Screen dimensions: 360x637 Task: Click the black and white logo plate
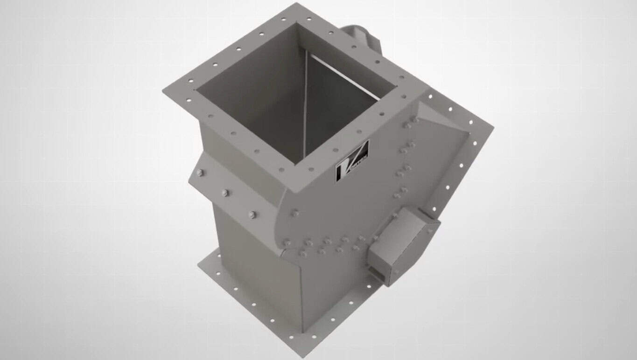[x=352, y=161]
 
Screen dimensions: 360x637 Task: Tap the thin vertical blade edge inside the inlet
[x=305, y=107]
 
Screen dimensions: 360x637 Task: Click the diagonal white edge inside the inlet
[x=345, y=76]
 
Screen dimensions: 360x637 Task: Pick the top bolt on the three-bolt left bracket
[x=200, y=173]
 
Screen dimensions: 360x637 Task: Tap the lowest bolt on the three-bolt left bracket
[x=252, y=215]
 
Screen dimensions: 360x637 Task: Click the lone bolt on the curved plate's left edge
[x=294, y=214]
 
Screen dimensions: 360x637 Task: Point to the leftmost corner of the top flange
[x=163, y=90]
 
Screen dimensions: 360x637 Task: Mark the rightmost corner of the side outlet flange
[x=493, y=126]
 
